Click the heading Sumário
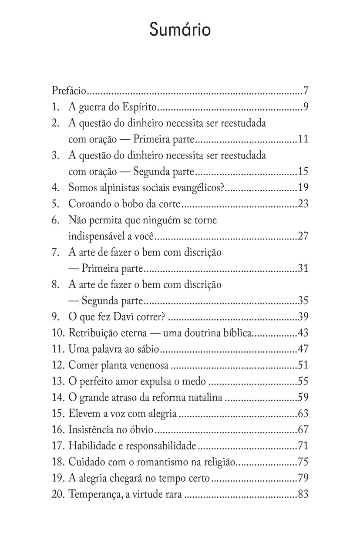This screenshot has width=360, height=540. click(x=180, y=30)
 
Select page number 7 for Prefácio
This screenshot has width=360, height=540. click(x=306, y=91)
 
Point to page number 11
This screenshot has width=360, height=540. click(x=303, y=139)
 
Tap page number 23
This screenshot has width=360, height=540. click(x=303, y=204)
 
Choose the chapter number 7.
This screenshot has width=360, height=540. click(x=55, y=252)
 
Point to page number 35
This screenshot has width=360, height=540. click(x=303, y=300)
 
